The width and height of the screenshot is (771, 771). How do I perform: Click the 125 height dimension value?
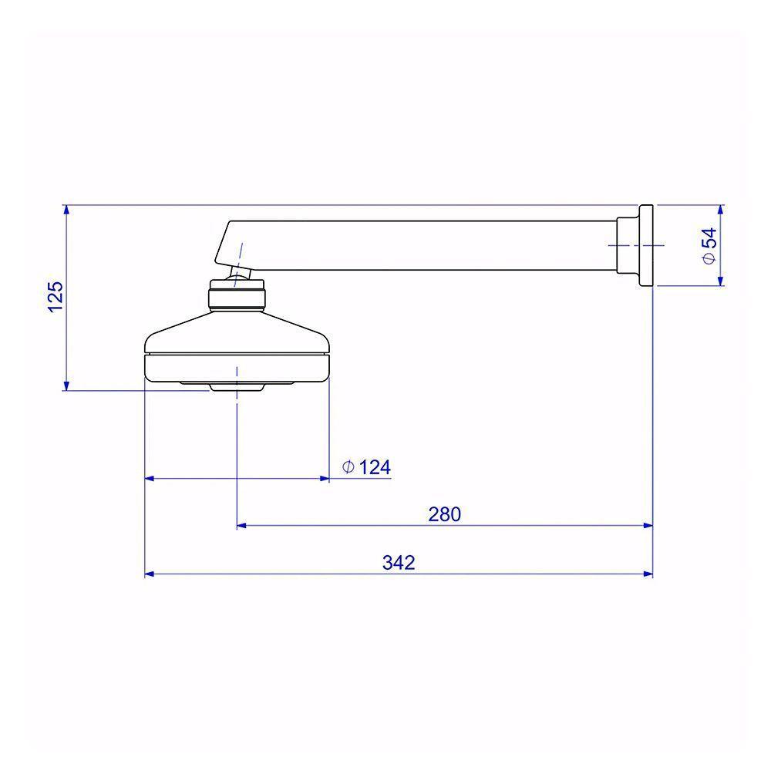[x=56, y=296]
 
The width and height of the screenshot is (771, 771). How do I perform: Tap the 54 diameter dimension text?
[x=709, y=239]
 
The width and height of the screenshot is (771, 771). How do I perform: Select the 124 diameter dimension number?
[x=375, y=467]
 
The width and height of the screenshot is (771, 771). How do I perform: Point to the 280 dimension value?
[x=445, y=514]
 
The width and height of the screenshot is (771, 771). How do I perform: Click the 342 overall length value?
[x=399, y=563]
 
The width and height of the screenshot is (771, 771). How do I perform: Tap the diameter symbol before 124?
[x=348, y=466]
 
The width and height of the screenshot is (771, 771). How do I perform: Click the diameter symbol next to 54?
[x=709, y=258]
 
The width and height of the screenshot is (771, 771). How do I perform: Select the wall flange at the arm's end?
[x=646, y=245]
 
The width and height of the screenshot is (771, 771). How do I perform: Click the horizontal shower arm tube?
[x=433, y=245]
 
